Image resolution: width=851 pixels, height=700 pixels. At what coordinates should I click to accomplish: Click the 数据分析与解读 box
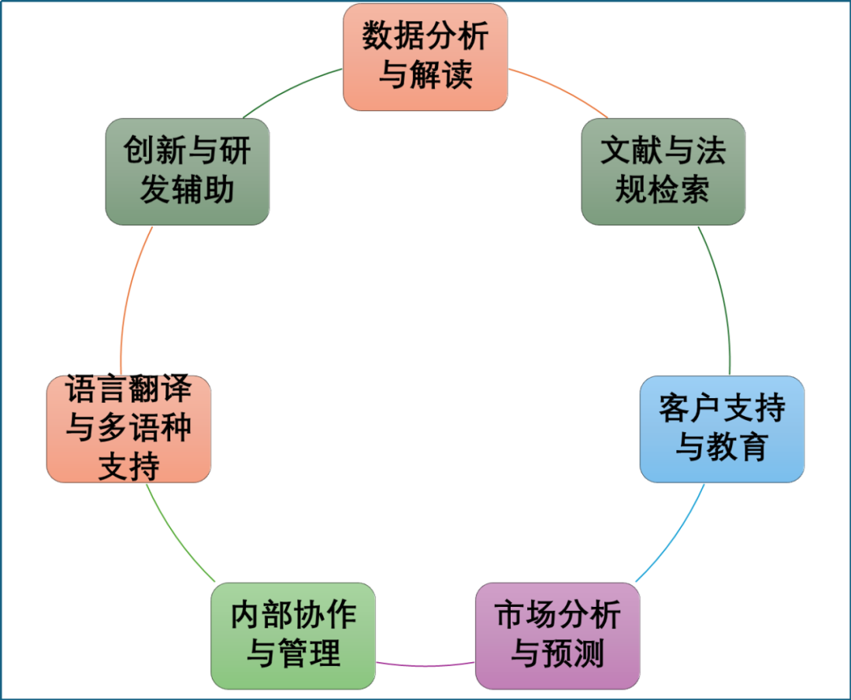425,57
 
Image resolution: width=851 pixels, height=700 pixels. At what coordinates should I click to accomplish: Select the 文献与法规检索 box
663,171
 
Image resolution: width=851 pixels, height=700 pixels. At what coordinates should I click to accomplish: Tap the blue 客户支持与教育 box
722,429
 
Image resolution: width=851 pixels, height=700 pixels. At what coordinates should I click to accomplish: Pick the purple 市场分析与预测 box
558,636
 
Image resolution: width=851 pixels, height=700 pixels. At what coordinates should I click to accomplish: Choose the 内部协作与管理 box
293,636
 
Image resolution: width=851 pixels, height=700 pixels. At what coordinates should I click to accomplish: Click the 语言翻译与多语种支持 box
129,429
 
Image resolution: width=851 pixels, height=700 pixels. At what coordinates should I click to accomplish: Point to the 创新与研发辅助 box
188,171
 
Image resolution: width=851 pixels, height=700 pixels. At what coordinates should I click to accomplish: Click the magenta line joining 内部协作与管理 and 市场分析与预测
425,665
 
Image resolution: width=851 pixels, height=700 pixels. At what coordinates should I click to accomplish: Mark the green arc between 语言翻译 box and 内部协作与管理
177,536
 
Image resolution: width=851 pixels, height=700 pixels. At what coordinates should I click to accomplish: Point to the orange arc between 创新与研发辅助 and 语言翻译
131,300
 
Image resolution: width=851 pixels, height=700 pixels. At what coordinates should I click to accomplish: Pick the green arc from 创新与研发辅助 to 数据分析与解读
292,88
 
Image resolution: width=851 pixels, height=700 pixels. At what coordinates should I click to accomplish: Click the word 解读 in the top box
448,76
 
